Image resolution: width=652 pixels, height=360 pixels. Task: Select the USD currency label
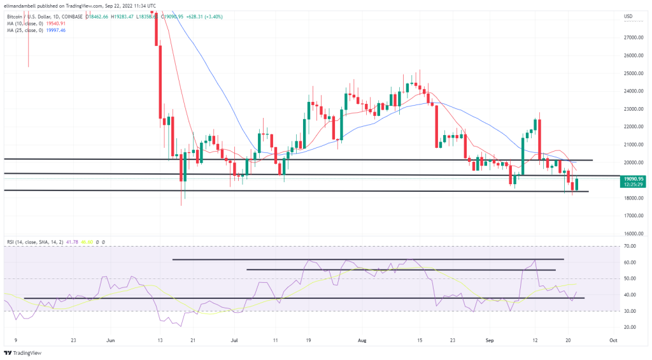pyautogui.click(x=628, y=16)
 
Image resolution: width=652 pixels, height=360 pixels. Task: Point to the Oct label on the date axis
pyautogui.click(x=613, y=340)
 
